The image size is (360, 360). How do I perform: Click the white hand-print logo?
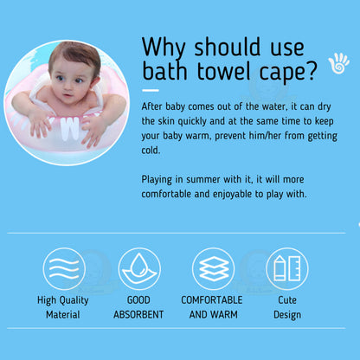[x=337, y=63]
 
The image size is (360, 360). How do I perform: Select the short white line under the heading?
[x=151, y=89]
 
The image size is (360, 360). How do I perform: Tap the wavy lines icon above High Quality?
[x=64, y=268]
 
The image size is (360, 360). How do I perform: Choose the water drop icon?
[x=138, y=268]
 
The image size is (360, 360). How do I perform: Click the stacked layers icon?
[x=213, y=268]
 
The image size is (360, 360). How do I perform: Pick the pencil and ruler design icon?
[x=286, y=268]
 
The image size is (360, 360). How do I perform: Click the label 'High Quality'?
[x=64, y=300]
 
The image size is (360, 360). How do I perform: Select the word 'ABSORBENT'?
[x=138, y=314]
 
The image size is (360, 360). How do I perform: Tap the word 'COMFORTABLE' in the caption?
[x=213, y=300]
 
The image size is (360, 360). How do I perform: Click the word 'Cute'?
[x=286, y=300]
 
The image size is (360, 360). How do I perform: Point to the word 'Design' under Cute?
[x=286, y=314]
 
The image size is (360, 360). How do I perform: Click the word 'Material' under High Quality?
[x=64, y=314]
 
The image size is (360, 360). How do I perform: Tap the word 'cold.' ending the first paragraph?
[x=152, y=151]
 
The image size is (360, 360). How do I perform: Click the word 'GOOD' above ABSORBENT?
[x=138, y=300]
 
